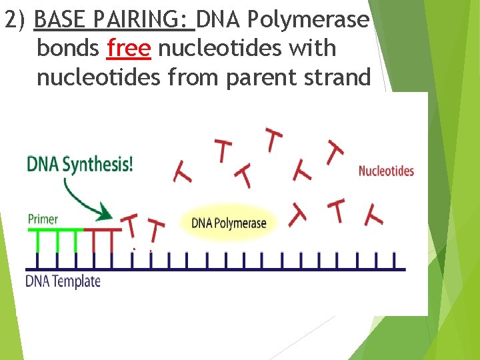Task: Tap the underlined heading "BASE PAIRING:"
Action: tap(113, 20)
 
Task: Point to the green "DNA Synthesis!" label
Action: tap(80, 163)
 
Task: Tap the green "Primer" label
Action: tap(43, 218)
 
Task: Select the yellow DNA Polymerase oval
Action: tap(229, 223)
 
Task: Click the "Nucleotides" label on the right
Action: tap(386, 171)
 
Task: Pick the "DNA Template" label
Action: tap(63, 281)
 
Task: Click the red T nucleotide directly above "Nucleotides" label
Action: tap(333, 152)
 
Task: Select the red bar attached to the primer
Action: tap(103, 231)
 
